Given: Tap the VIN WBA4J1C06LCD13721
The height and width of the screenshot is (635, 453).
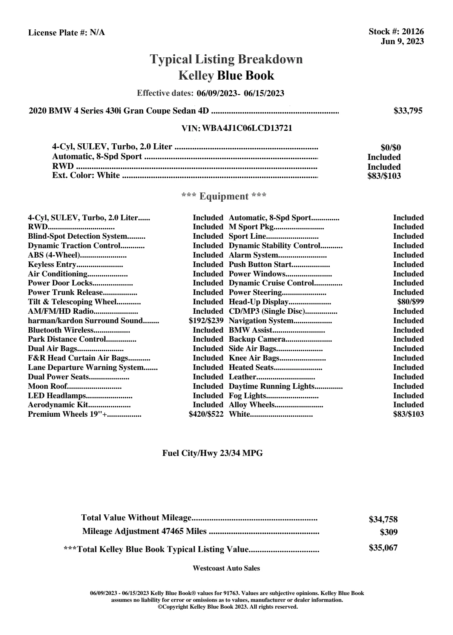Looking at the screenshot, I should [247, 128].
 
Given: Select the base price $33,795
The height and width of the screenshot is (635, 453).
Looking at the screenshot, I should [408, 111].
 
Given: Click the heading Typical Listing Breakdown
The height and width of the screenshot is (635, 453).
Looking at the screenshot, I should [226, 59].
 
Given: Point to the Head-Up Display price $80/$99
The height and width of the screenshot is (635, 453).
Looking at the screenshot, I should [410, 302].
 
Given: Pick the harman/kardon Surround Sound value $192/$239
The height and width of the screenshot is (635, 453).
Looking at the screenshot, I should [206, 321].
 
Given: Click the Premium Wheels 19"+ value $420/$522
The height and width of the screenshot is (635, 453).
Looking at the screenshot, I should [206, 414].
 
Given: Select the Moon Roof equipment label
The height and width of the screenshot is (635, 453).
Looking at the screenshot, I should [48, 386].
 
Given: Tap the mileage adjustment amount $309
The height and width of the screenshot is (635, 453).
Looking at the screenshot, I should [389, 532].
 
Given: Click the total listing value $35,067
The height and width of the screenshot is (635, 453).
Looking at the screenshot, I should [383, 548].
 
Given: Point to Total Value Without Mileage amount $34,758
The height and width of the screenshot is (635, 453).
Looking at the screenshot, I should [383, 520].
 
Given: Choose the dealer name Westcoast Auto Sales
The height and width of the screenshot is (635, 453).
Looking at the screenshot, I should [226, 568].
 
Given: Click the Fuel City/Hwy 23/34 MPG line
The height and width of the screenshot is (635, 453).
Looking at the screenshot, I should [212, 453].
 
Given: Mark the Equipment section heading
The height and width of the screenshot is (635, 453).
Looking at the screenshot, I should [224, 196].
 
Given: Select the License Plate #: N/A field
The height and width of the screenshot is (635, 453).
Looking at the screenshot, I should [67, 33].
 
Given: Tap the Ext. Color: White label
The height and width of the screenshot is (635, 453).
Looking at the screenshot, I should [86, 175].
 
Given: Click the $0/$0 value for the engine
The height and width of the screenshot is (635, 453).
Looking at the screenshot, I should [391, 148].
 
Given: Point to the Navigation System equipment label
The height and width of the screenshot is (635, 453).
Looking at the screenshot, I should [261, 321].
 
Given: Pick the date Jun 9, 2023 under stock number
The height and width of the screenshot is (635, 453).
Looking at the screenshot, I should [402, 41].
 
